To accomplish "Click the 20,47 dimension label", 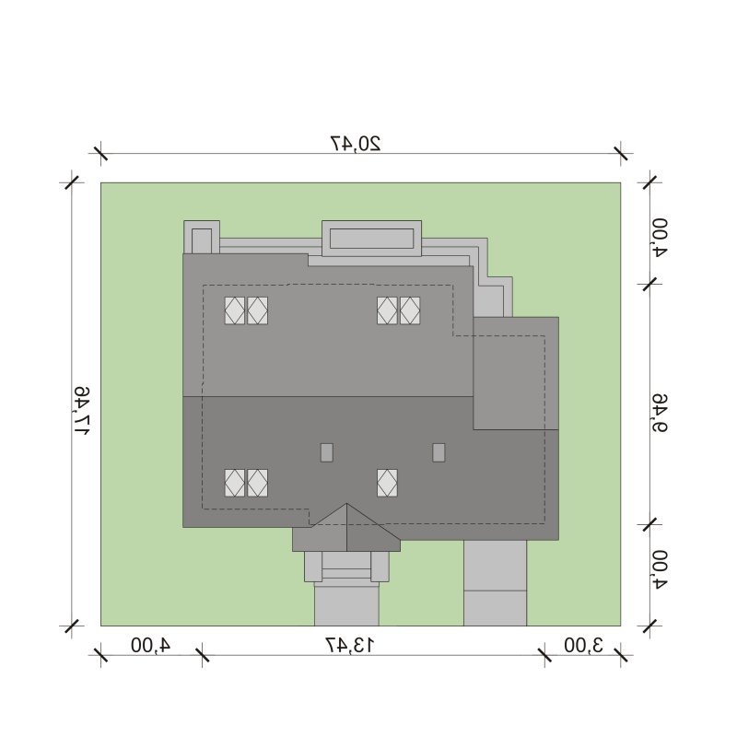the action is point(356,144).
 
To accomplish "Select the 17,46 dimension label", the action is point(81,411).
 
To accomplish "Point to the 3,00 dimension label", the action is point(583,645).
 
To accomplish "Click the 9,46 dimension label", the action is point(659,413).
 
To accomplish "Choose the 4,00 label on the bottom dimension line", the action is point(150,645).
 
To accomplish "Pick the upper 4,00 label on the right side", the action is point(659,238).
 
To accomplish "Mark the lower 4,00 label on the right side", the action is point(659,569).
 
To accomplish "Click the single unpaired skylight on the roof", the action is point(387,483).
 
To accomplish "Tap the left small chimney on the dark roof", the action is point(327,452).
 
